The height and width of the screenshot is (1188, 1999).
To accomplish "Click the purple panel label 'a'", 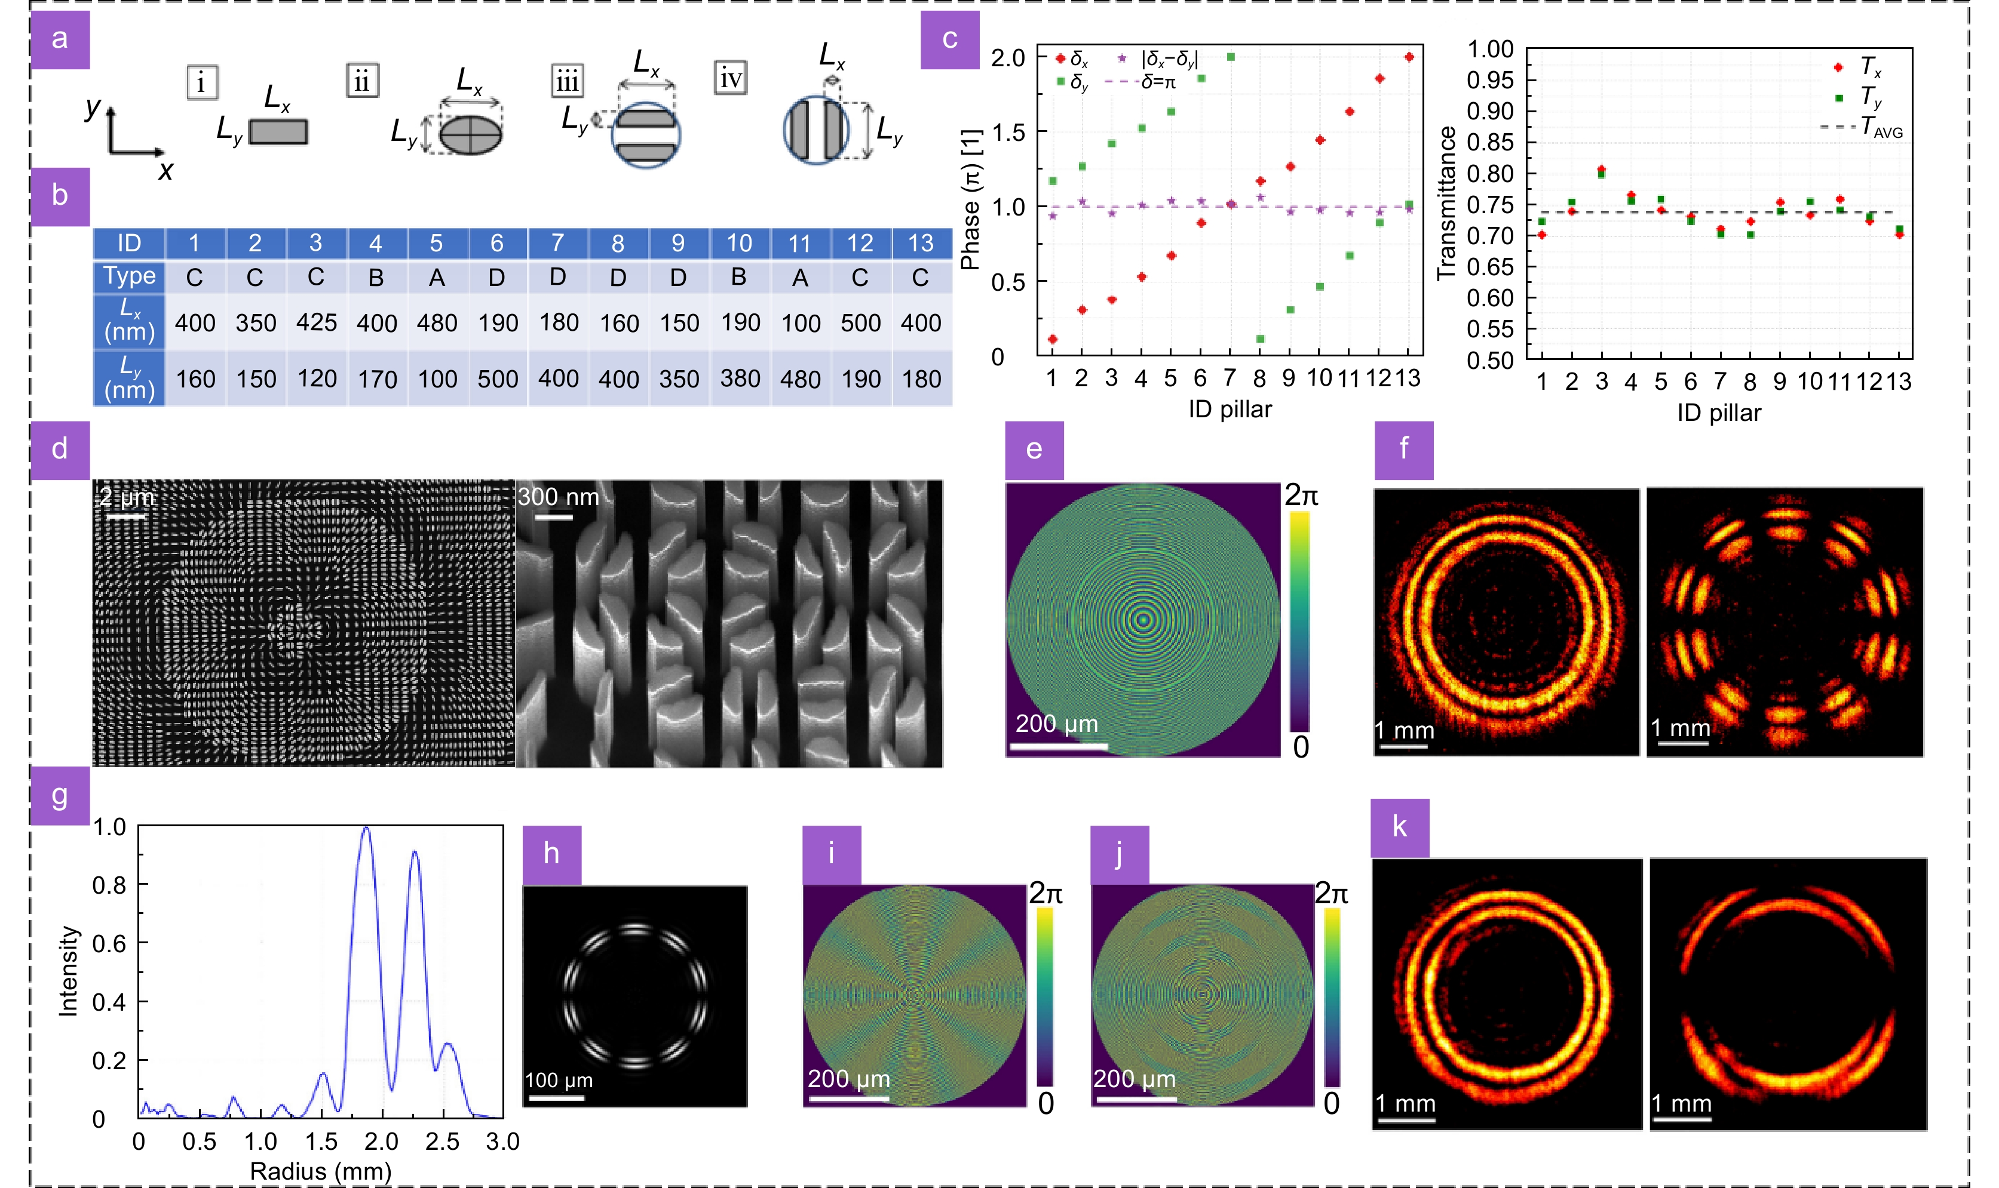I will [59, 38].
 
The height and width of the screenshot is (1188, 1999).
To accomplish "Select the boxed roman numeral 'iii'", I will [567, 81].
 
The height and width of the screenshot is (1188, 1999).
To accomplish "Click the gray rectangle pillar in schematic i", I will [278, 131].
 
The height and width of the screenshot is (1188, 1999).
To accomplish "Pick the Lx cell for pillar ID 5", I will [437, 322].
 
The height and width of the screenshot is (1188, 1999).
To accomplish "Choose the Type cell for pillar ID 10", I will [738, 277].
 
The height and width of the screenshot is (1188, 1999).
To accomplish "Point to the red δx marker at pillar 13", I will [1409, 57].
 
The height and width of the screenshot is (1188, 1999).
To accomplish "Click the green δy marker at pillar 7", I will [1231, 57].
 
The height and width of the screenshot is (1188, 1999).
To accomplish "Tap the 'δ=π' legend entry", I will [1157, 82].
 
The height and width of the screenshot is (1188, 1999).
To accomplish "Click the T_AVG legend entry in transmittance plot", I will [1881, 127].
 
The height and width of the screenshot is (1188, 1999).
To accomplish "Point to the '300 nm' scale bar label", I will [558, 497].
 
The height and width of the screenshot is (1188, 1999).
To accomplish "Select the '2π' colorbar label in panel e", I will [1301, 496].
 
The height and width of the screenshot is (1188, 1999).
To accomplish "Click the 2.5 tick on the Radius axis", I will [442, 1141].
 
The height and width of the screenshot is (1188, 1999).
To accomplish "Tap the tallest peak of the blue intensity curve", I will [366, 829].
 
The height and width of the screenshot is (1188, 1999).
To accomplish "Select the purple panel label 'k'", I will [1399, 827].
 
